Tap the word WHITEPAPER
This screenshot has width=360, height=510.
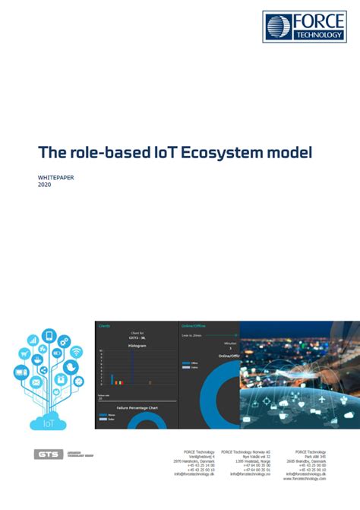point(55,176)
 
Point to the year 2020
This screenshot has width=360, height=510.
point(45,184)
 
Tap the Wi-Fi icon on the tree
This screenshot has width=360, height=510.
point(76,351)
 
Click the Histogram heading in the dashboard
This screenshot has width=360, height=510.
point(137,344)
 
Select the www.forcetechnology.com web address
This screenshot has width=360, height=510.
point(305,479)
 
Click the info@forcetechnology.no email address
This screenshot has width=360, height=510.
point(248,474)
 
